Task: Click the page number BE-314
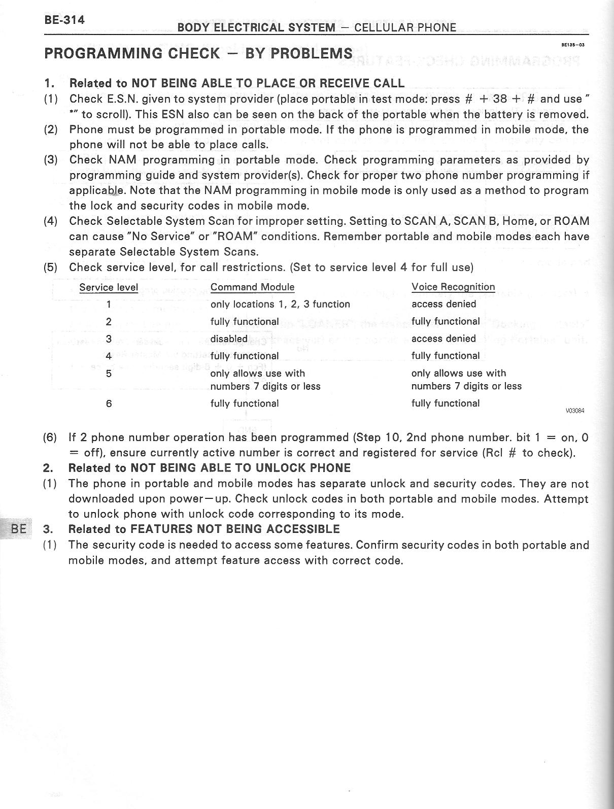64,20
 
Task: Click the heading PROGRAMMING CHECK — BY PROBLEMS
198,53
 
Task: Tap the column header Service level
109,288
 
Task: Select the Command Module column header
252,287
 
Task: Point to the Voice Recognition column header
453,287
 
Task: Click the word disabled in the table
229,339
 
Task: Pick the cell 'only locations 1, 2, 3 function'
280,304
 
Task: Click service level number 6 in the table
109,404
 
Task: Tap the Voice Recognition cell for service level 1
444,304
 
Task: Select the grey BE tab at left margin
18,528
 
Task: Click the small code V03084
575,411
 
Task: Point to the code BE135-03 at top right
573,45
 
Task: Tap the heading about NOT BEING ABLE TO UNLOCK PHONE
209,468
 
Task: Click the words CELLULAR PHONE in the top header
405,27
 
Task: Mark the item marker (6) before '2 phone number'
50,437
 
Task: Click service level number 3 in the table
109,339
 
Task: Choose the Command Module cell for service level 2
245,321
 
